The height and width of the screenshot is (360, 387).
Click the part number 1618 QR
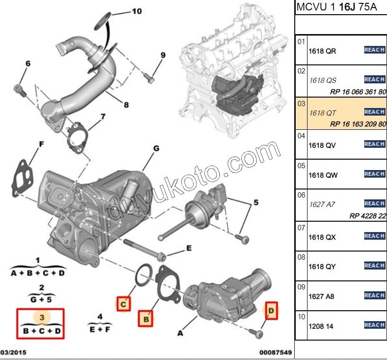click(322, 51)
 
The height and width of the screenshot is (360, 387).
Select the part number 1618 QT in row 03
click(323, 113)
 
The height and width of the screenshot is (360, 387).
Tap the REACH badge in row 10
click(374, 325)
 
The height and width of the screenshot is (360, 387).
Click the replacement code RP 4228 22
click(368, 216)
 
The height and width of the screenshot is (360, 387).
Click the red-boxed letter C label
click(123, 304)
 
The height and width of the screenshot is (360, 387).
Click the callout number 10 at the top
click(136, 11)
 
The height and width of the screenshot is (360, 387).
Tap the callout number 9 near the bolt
click(163, 55)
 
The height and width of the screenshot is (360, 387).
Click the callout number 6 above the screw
click(28, 63)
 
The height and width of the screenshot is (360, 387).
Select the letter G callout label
click(155, 148)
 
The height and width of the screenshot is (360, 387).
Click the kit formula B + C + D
click(42, 331)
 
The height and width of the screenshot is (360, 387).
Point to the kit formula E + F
click(99, 327)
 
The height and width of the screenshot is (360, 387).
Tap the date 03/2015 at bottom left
click(13, 352)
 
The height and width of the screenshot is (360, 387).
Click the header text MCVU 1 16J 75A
click(336, 8)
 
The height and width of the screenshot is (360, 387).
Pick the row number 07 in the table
click(301, 228)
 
